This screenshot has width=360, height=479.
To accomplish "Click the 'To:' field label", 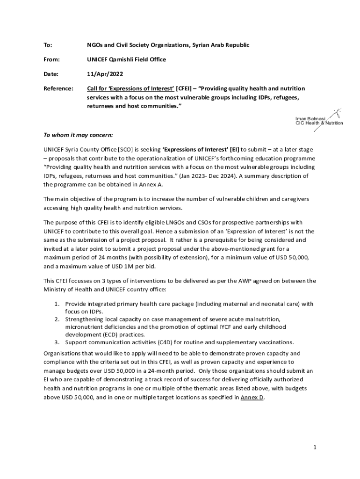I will [x=48, y=45].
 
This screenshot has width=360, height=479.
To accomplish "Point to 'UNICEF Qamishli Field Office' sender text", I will [x=126, y=59].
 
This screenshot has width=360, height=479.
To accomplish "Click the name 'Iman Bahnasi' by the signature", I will [x=310, y=119].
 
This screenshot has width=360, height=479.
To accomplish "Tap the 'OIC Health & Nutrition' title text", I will [x=319, y=123].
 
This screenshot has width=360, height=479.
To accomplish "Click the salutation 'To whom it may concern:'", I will [x=78, y=135].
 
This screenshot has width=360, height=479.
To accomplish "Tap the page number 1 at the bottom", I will [x=315, y=448].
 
